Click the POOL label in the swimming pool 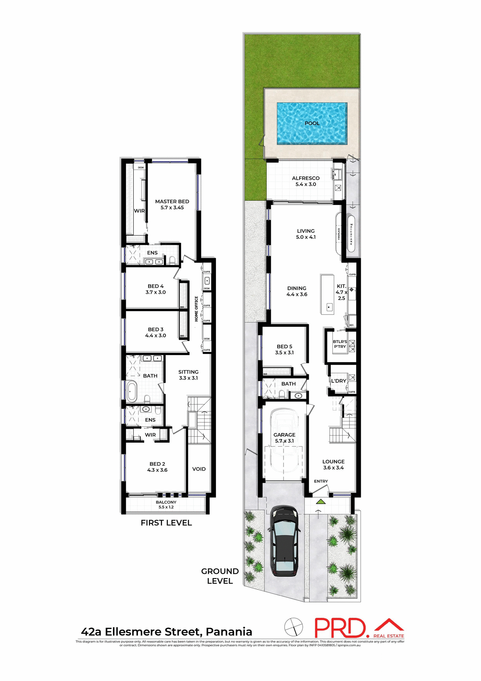pos(312,123)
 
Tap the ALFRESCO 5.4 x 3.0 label pos(306,181)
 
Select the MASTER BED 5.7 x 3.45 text pos(172,204)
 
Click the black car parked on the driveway pos(284,541)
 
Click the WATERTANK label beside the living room pos(351,234)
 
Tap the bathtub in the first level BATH pos(132,392)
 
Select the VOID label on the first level pos(199,469)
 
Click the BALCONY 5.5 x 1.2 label pos(166,504)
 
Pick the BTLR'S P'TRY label pos(340,344)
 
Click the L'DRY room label pos(339,381)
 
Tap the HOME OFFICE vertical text pos(196,309)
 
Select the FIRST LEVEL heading pos(166,522)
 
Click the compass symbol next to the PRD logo pos(294,627)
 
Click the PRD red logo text pos(340,628)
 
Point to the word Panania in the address pos(229,632)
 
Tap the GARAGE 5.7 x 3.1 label pos(284,438)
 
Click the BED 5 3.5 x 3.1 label pos(284,349)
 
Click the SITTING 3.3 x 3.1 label pos(188,375)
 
